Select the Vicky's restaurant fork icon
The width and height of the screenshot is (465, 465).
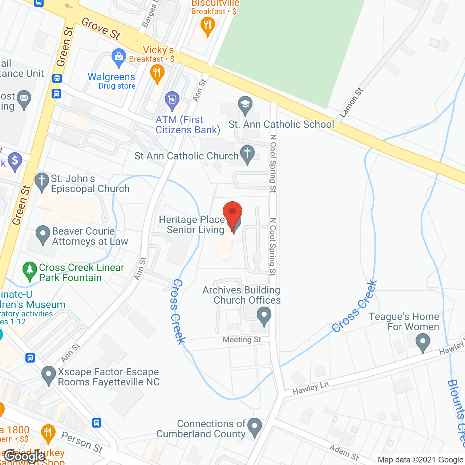click(x=157, y=73)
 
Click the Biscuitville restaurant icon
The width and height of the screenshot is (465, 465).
click(x=207, y=26)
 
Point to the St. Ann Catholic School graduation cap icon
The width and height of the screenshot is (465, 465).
click(x=245, y=104)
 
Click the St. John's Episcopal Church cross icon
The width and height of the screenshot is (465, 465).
click(x=42, y=181)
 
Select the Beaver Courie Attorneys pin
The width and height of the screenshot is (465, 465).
click(x=43, y=234)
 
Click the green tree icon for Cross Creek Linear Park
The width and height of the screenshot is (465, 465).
click(x=30, y=270)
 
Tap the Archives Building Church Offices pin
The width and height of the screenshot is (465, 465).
click(x=264, y=315)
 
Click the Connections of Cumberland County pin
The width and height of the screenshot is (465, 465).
click(x=254, y=426)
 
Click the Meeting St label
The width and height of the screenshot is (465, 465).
click(x=242, y=340)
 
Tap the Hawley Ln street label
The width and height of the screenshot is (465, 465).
click(x=311, y=388)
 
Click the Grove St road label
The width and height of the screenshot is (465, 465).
click(x=101, y=28)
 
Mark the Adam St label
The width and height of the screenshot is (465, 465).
click(x=344, y=453)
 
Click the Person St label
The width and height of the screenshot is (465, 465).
click(x=82, y=442)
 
